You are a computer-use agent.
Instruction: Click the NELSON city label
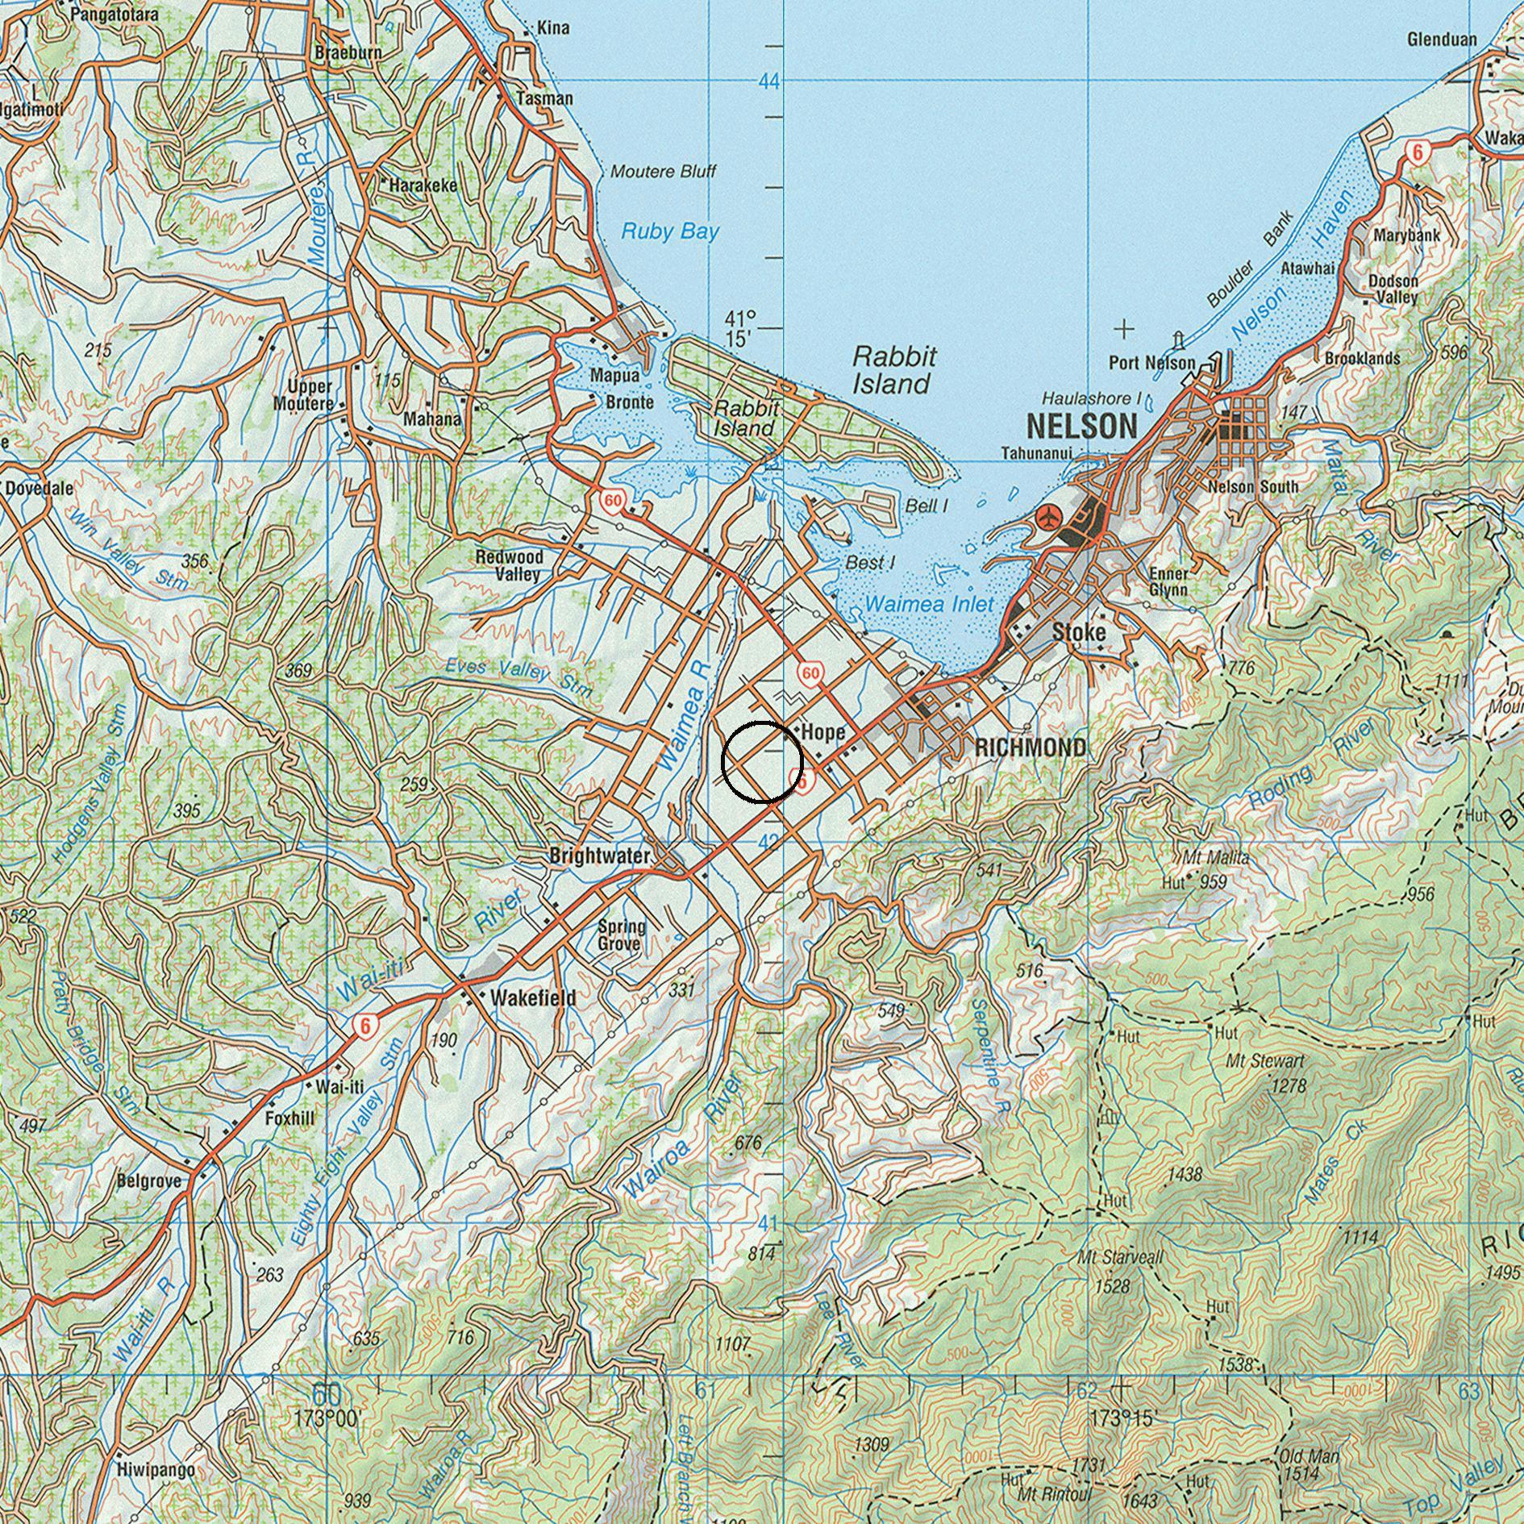(x=1081, y=426)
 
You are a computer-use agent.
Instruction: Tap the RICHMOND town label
(x=1030, y=747)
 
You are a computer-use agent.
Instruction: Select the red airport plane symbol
(x=1049, y=516)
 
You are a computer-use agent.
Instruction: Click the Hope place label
(x=823, y=732)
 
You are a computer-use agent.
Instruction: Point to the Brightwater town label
(x=599, y=856)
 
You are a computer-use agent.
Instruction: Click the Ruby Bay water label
(x=669, y=232)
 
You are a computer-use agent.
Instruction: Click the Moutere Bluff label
(x=663, y=172)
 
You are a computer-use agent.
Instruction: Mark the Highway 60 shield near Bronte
(x=613, y=502)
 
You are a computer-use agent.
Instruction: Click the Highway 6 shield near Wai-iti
(x=365, y=1026)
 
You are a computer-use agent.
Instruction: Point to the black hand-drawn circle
(x=762, y=762)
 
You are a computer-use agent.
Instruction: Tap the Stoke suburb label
(x=1079, y=632)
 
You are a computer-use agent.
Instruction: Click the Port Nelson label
(x=1151, y=363)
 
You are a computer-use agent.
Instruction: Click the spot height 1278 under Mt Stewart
(x=1288, y=1085)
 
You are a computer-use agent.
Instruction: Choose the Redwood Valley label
(x=509, y=565)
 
